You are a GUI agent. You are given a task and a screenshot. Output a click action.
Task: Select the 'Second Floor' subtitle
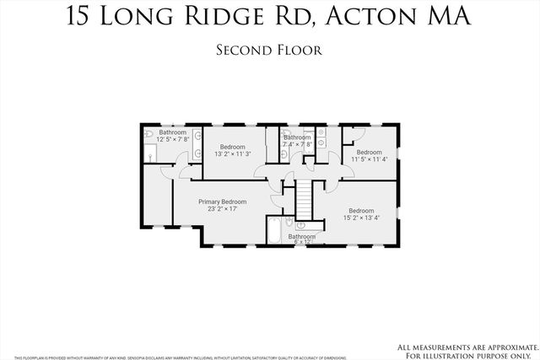coord(269,50)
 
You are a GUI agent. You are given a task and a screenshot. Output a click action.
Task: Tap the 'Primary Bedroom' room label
coord(222,201)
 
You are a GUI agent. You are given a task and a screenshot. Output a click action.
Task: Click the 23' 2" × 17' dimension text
coord(222,209)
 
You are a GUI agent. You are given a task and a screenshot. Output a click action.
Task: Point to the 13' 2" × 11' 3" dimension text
coord(227,154)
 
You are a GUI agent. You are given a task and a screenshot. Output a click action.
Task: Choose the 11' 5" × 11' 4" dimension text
coord(369,159)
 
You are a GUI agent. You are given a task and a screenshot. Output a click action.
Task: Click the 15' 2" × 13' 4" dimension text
coord(362,218)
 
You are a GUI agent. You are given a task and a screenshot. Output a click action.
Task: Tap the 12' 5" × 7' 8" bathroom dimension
coord(173,139)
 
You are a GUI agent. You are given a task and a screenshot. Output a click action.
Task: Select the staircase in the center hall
coord(303,201)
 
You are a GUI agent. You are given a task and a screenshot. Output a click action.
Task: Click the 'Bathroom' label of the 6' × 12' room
coord(301,237)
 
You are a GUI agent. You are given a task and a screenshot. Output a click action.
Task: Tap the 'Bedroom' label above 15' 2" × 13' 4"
coord(362,210)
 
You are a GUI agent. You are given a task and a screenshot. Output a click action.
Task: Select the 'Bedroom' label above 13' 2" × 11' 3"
coord(227,147)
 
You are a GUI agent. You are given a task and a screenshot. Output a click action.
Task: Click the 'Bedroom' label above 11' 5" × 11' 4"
coord(369,152)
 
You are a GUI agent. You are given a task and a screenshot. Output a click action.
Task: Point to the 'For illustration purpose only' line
coord(471,354)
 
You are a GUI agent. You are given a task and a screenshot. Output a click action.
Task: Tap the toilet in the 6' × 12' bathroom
coord(290,223)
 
